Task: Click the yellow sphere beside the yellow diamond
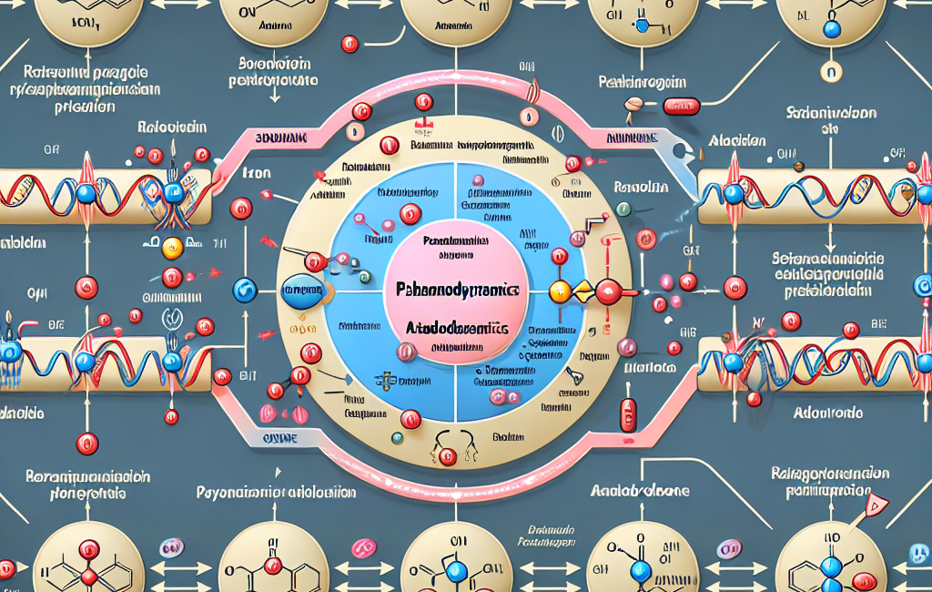(559, 291)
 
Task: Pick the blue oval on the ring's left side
(301, 291)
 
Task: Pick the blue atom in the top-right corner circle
(830, 29)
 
